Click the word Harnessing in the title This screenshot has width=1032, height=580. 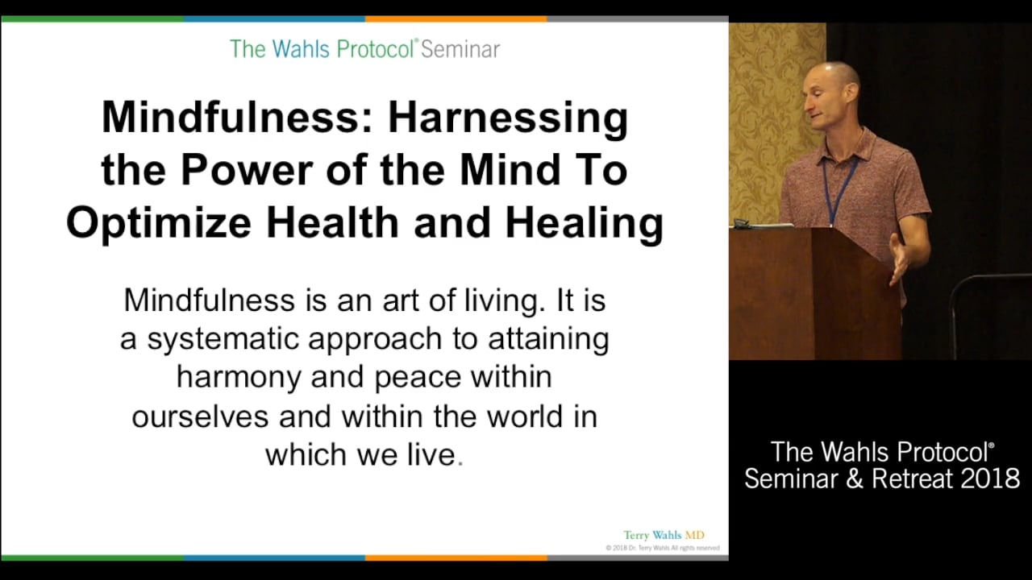(507, 118)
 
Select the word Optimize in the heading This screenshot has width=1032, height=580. (158, 223)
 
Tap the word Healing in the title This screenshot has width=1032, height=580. (584, 223)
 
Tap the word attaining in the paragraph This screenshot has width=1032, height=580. (548, 339)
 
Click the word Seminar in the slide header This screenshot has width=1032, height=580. (460, 49)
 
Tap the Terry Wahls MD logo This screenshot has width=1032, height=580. (664, 536)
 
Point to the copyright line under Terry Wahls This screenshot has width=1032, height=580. (662, 549)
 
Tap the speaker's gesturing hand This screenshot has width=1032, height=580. (899, 259)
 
